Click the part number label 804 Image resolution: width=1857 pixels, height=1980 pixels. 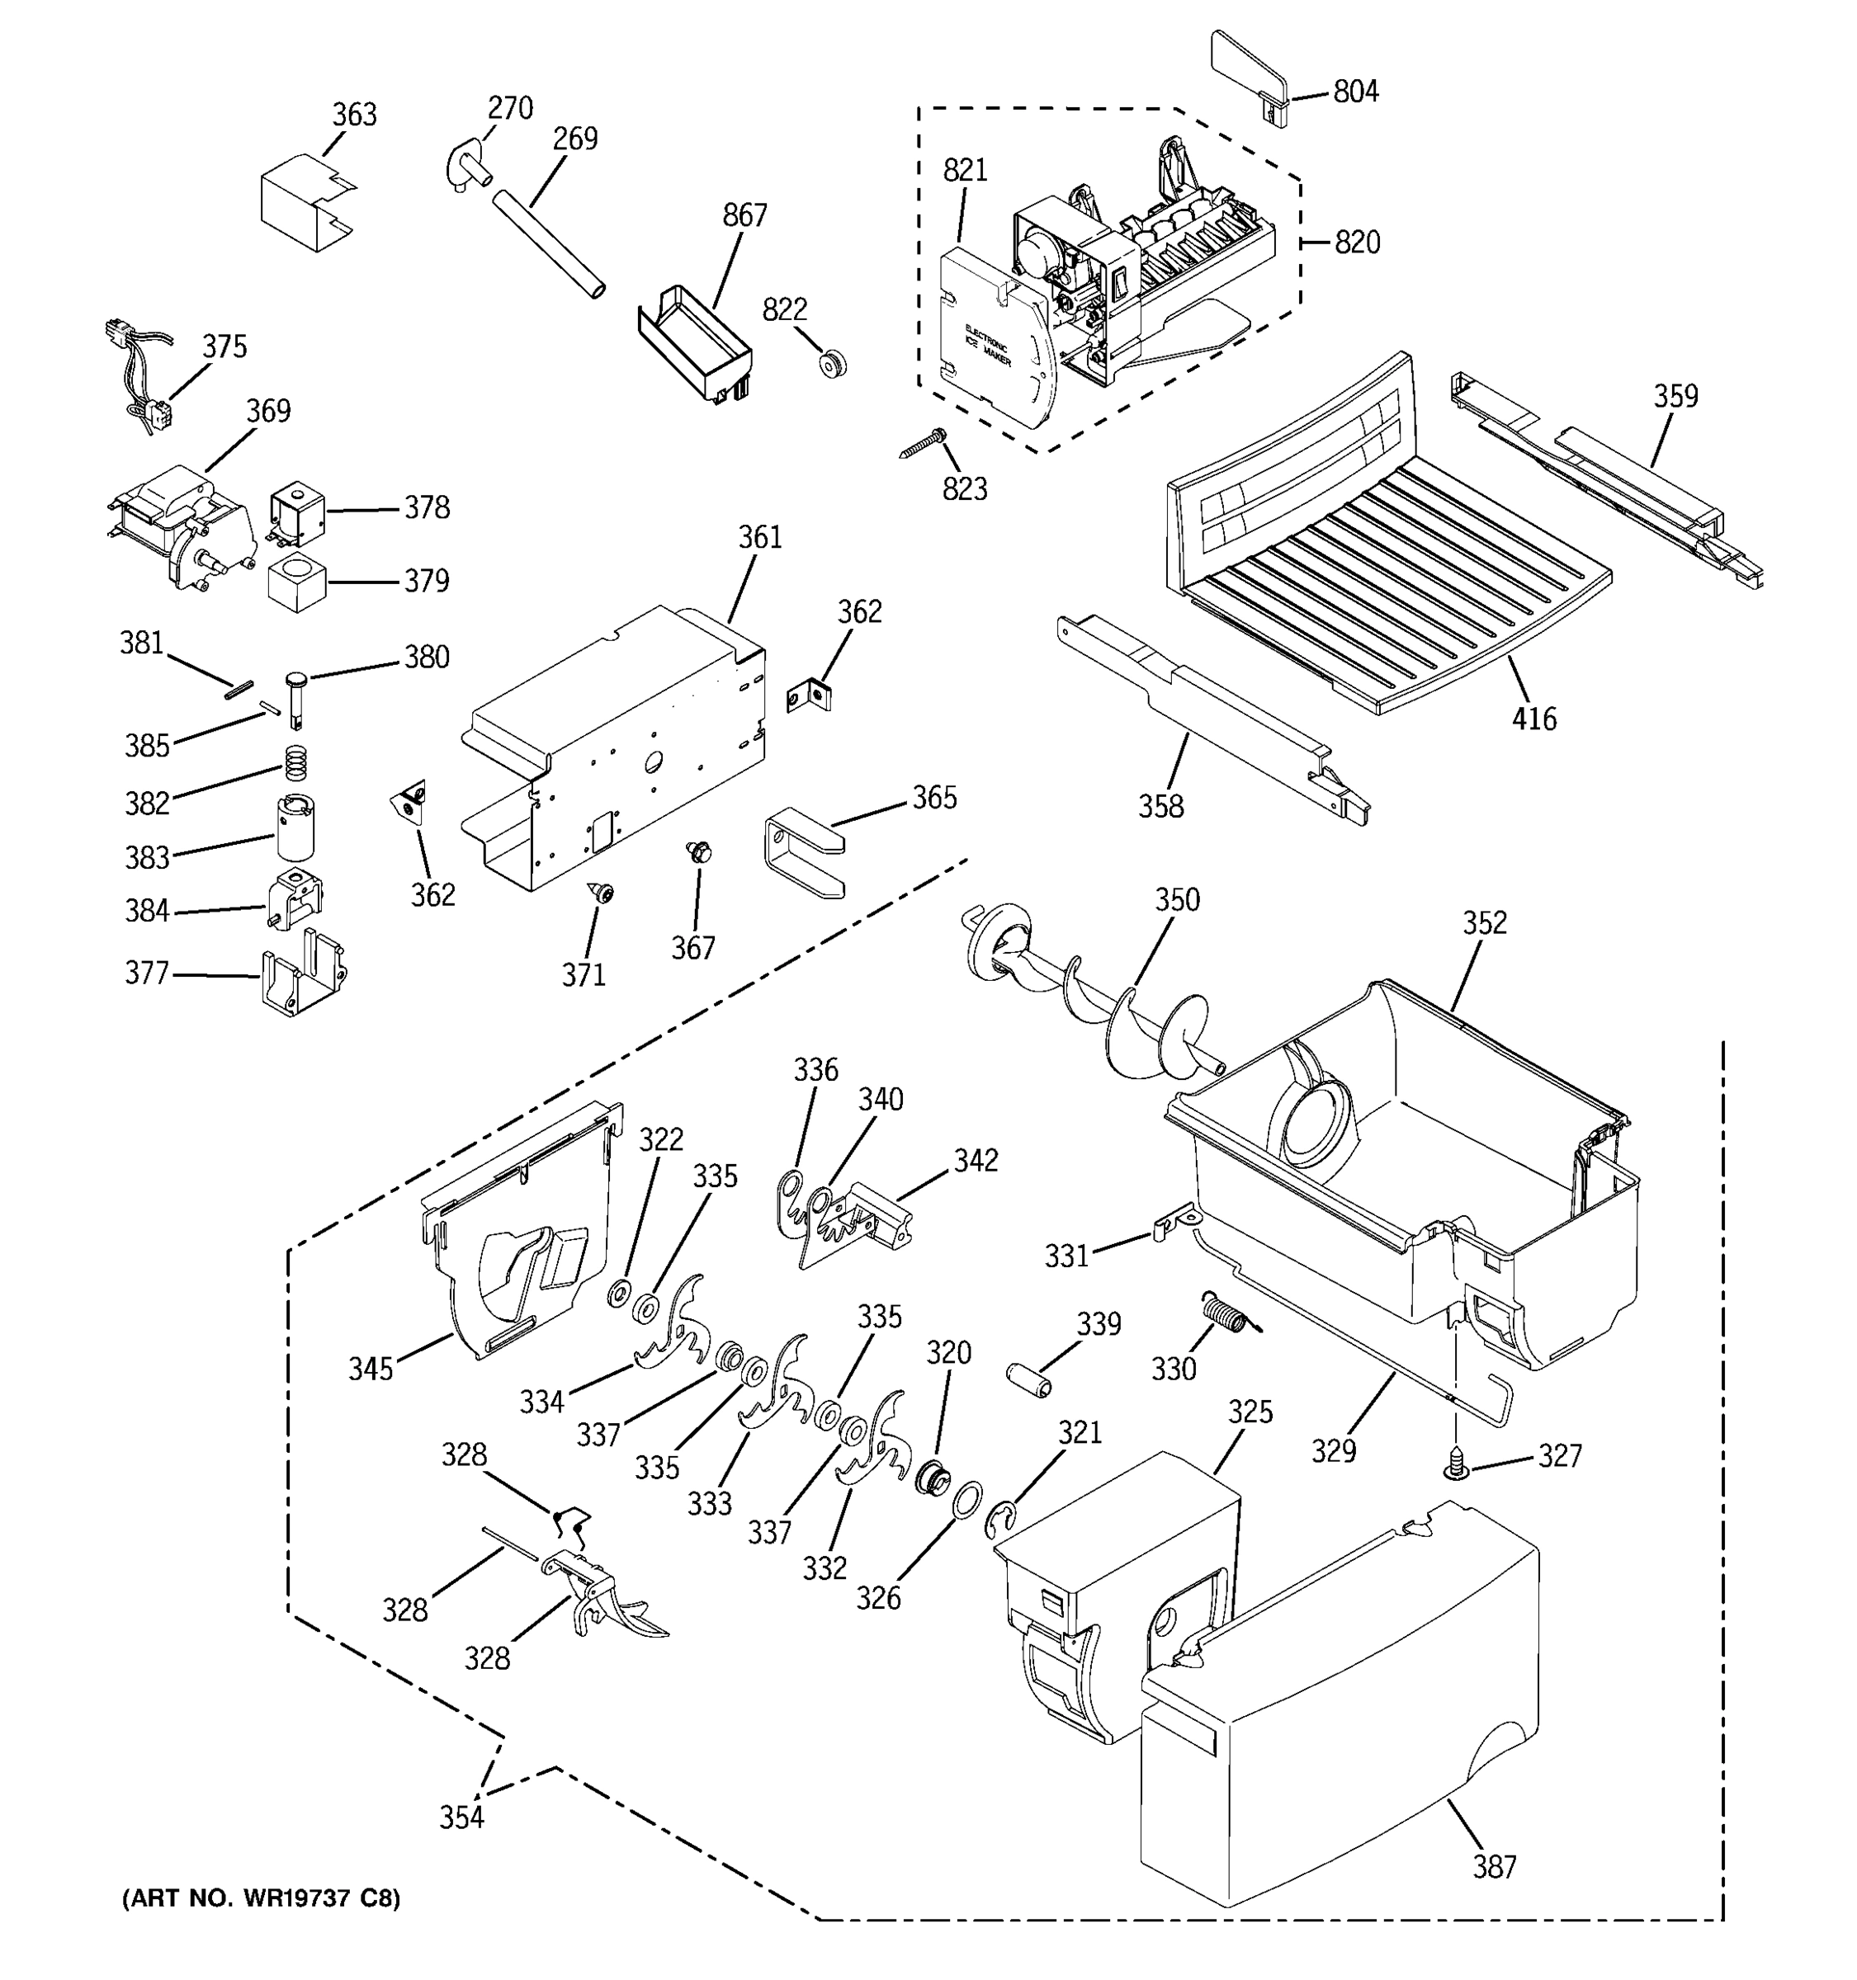click(x=1355, y=92)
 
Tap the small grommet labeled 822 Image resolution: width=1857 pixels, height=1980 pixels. click(x=831, y=364)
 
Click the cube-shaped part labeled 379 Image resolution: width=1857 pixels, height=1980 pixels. click(x=297, y=583)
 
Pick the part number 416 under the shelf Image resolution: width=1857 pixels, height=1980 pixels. click(x=1533, y=718)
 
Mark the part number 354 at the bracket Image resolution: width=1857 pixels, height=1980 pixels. click(x=461, y=1817)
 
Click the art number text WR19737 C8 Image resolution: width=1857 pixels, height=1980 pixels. click(x=261, y=1898)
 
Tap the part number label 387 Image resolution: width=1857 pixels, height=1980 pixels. click(x=1495, y=1866)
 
